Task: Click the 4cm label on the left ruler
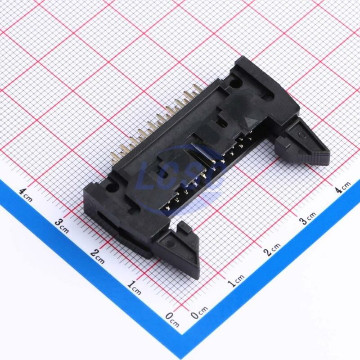coord(26,195)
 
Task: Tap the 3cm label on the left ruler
coord(62,226)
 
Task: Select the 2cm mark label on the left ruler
coord(97,256)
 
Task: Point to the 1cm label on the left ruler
coord(134,288)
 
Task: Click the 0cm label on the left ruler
coord(172,319)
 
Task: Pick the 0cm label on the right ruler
coord(199,312)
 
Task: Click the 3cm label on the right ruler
coord(308,218)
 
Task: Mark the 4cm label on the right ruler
coord(342,187)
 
